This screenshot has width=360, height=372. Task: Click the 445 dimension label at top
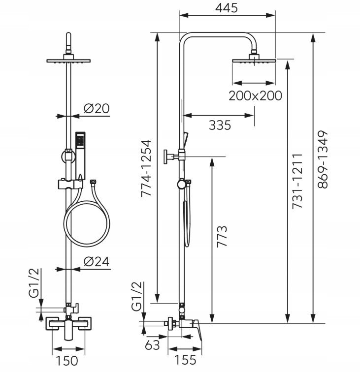pos(227,8)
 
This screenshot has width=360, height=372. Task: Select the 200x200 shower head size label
pos(255,95)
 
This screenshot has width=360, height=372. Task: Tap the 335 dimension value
pos(220,125)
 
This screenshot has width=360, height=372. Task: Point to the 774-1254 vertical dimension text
pos(146,168)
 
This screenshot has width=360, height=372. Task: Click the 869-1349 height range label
pos(323,159)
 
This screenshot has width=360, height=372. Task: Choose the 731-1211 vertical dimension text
pos(297,182)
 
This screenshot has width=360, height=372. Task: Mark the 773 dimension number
pos(222,236)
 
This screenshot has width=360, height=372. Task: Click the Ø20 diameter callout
pos(97,109)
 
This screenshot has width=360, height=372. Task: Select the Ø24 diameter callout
pos(97,261)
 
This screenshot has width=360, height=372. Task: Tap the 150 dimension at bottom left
pos(66,361)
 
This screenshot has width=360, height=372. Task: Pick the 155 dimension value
pos(185,360)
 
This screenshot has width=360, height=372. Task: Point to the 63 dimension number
pos(152,345)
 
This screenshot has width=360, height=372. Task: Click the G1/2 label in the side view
pos(137,296)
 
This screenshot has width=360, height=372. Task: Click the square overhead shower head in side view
pos(254,59)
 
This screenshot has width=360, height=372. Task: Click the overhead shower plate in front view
pos(68,61)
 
